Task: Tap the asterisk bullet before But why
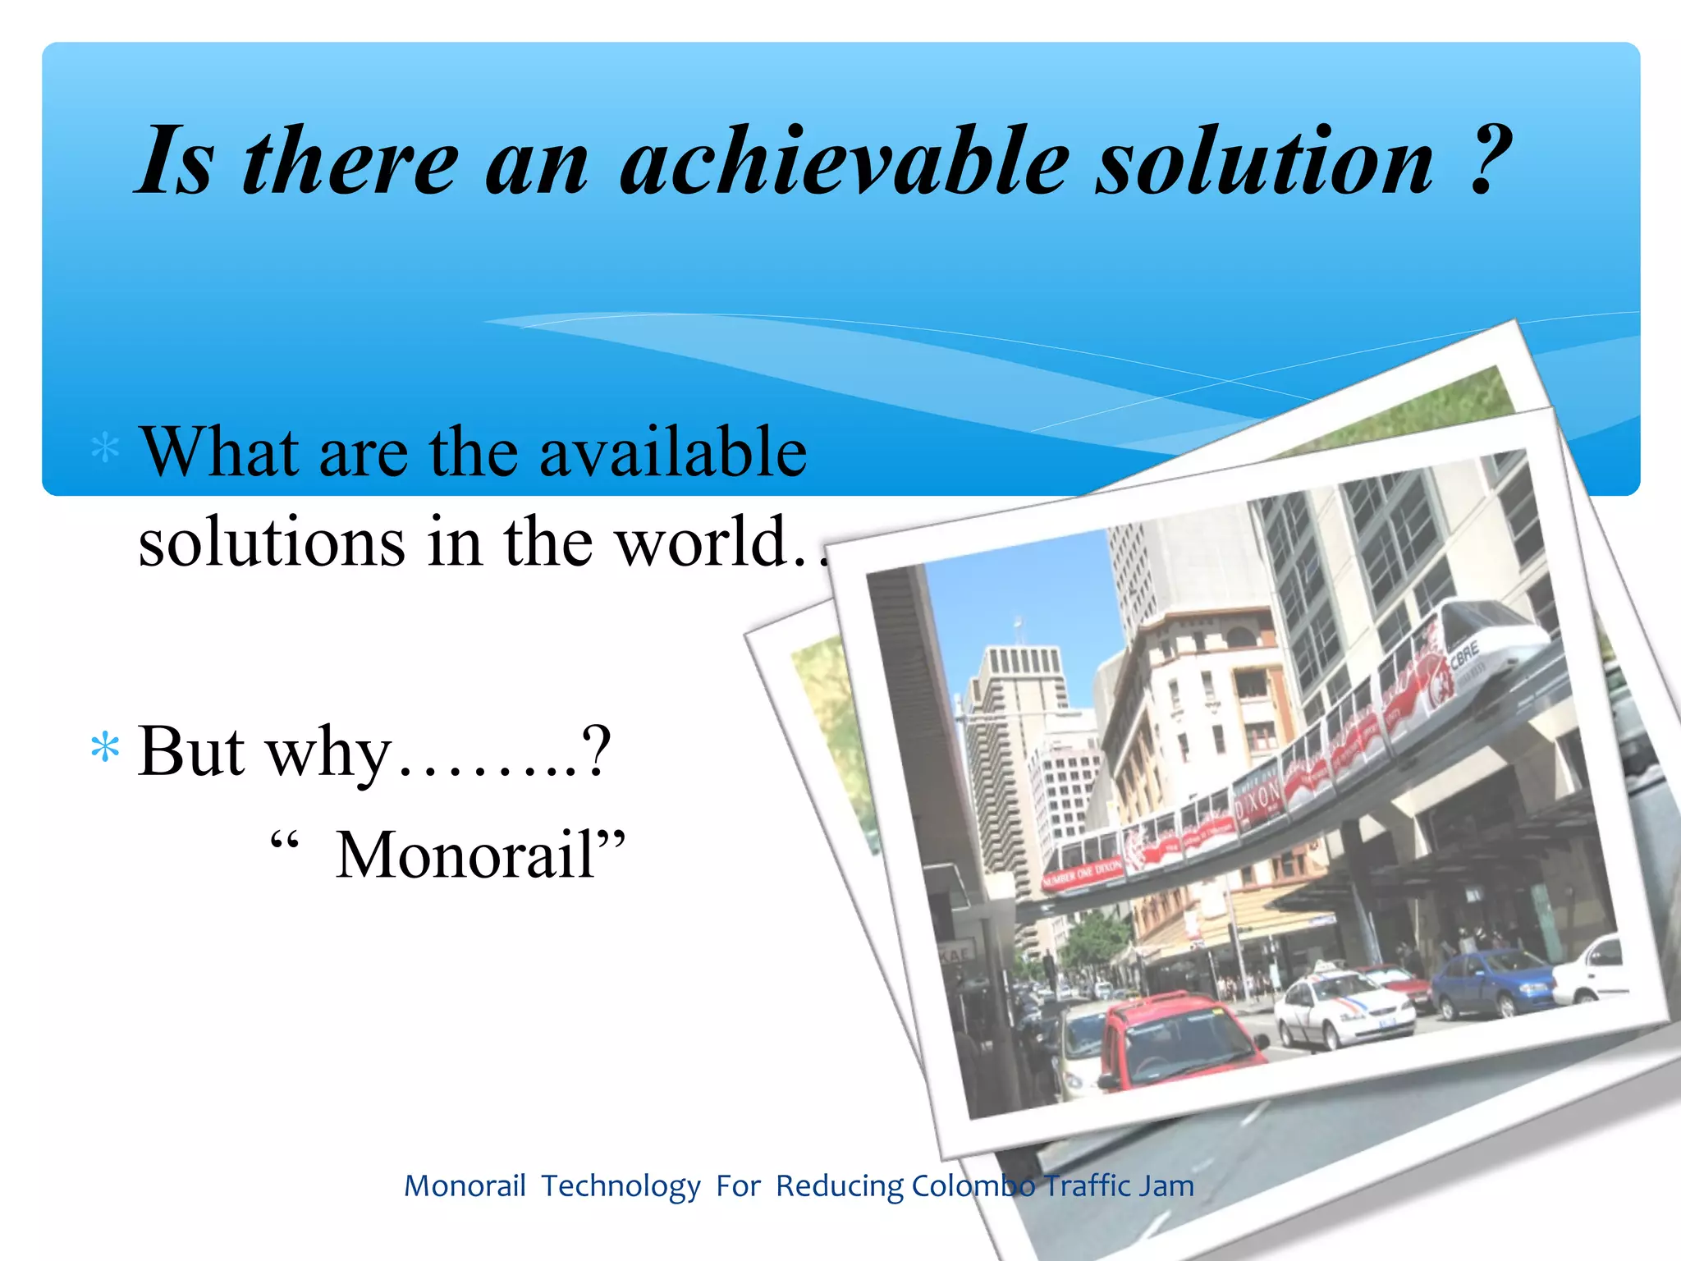[x=105, y=749]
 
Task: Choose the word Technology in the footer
[x=621, y=1186]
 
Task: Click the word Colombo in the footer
[x=973, y=1186]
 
